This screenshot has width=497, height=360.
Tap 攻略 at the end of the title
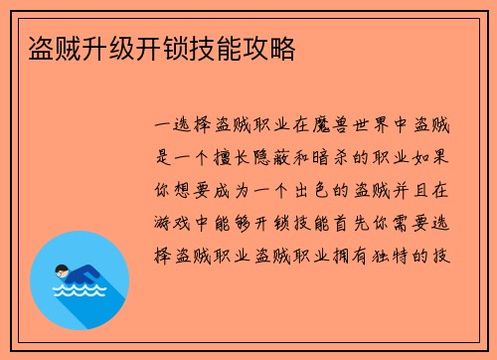pos(268,49)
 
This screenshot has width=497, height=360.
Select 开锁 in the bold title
pos(154,49)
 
